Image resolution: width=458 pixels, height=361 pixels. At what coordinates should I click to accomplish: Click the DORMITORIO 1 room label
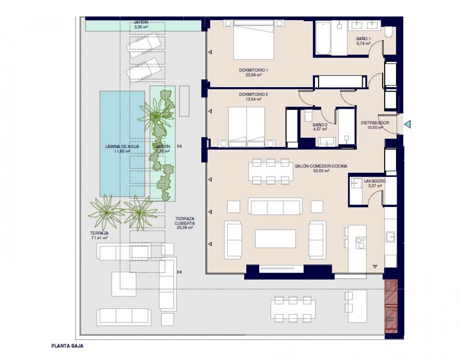(253, 70)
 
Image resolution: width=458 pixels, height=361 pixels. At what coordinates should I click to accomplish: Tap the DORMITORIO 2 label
(253, 94)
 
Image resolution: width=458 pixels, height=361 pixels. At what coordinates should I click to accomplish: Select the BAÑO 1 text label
(363, 39)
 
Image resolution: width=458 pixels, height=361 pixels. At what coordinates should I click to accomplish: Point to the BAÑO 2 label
(320, 125)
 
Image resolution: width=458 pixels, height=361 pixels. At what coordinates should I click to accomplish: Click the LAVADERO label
(374, 181)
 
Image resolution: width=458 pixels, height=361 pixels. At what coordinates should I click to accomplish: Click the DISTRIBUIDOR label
(374, 123)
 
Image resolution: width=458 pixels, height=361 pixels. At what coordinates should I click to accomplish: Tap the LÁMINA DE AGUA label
(122, 147)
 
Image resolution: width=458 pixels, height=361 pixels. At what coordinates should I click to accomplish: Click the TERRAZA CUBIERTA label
(185, 220)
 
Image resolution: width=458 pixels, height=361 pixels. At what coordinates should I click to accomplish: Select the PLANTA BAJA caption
(67, 345)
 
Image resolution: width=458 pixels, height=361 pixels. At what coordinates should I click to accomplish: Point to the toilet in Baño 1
(389, 32)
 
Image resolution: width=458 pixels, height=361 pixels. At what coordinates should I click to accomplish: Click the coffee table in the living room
(275, 239)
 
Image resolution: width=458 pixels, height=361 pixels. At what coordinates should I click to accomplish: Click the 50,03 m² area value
(321, 171)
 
